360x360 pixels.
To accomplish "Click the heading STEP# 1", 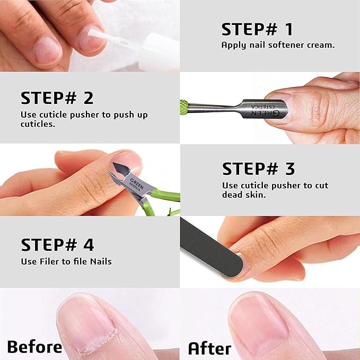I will point(257,29).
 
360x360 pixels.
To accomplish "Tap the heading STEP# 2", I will point(57,98).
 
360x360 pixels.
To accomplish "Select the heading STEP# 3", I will point(258,169).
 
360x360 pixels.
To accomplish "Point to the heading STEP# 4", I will point(57,245).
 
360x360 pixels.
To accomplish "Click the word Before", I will point(34,347).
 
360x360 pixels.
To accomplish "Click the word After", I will point(209,348).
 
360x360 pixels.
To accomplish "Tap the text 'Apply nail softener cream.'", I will point(277,45).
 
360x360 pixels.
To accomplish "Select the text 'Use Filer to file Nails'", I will point(66,261).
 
